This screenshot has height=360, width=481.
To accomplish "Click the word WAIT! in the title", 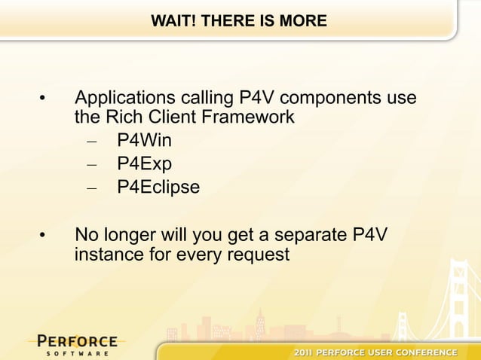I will tap(170, 20).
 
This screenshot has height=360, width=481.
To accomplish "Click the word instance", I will tap(107, 255).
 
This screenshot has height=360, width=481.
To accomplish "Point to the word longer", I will tap(130, 236).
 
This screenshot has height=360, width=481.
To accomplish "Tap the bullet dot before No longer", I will tap(44, 238).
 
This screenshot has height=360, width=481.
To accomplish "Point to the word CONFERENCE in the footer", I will tap(429, 352).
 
